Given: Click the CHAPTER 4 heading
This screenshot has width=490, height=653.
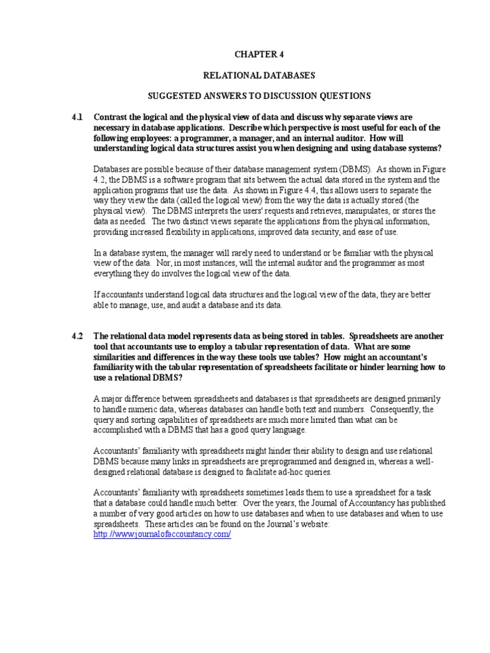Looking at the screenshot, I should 258,54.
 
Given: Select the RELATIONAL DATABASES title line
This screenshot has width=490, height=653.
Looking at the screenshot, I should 258,75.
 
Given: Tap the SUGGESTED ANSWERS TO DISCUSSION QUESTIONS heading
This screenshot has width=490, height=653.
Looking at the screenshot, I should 258,96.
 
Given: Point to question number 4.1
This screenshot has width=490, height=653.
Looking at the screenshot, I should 77,117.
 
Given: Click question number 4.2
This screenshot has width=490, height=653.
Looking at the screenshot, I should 77,336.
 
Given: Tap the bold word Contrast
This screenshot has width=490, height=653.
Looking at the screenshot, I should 111,117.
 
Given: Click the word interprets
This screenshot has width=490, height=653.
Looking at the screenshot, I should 212,211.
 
